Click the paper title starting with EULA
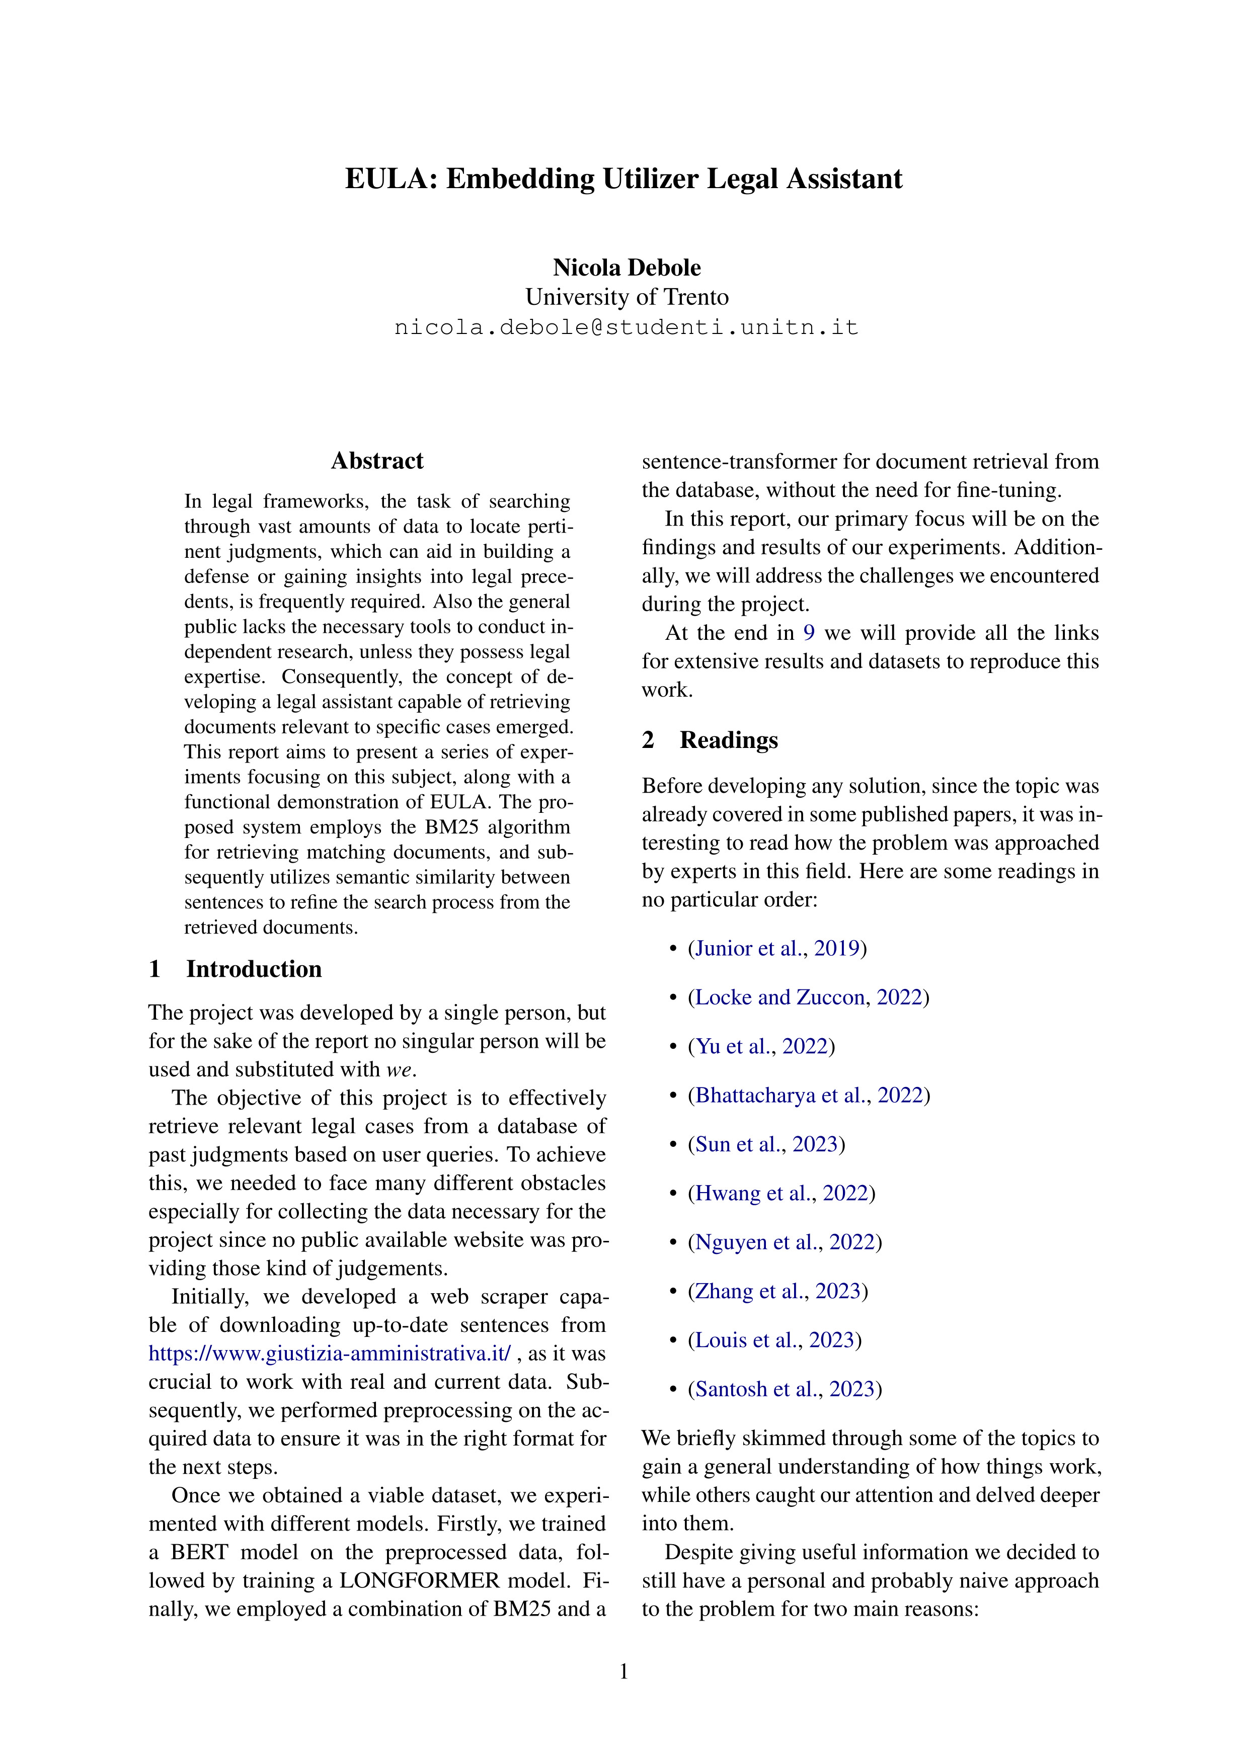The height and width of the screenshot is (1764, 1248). point(623,179)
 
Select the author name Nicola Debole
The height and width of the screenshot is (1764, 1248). point(627,268)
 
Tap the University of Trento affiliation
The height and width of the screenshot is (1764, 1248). point(627,297)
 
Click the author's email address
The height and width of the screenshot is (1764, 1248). point(627,327)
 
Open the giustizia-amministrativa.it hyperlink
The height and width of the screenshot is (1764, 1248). point(330,1353)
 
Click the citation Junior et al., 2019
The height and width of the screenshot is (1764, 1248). point(777,948)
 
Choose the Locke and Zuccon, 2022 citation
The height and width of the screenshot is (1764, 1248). point(809,997)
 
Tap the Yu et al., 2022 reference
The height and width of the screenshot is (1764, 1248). point(761,1046)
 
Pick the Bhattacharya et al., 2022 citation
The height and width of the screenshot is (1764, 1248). point(809,1095)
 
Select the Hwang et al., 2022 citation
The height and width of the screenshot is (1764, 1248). point(782,1193)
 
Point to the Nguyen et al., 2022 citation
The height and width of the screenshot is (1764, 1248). point(785,1242)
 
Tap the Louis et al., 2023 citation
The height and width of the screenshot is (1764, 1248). point(774,1340)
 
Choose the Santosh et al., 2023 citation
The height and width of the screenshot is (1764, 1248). point(785,1389)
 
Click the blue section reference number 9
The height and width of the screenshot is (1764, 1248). point(809,633)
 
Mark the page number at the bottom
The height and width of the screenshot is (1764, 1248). point(623,1671)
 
